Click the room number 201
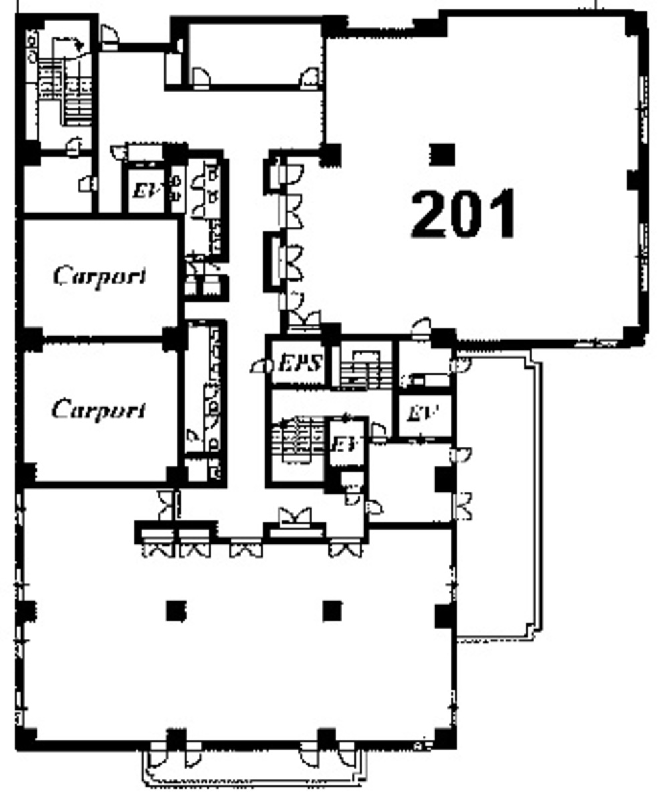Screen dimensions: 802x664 point(463,214)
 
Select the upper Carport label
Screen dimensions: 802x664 point(100,276)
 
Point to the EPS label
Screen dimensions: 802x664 point(300,365)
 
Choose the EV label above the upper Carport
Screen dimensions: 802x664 point(144,191)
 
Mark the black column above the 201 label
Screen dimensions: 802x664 point(441,155)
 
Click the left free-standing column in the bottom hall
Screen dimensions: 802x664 point(175,610)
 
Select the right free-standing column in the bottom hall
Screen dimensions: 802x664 point(332,610)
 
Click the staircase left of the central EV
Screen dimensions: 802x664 point(298,441)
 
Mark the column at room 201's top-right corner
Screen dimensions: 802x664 point(635,24)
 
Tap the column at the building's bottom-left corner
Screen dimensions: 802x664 point(27,738)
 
